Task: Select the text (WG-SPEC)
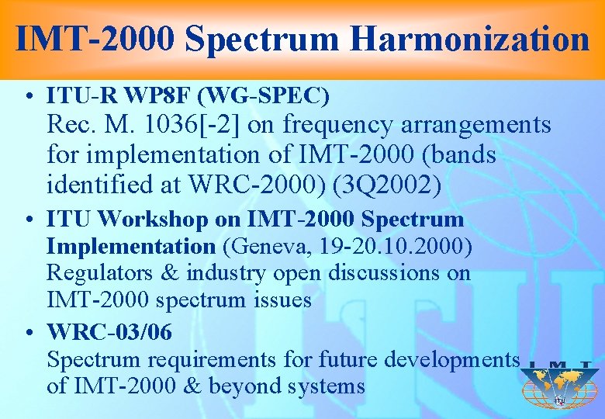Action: point(264,96)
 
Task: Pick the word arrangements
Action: point(476,124)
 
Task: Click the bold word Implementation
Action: point(131,246)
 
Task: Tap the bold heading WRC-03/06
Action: point(109,332)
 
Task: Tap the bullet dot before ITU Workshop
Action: point(29,220)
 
